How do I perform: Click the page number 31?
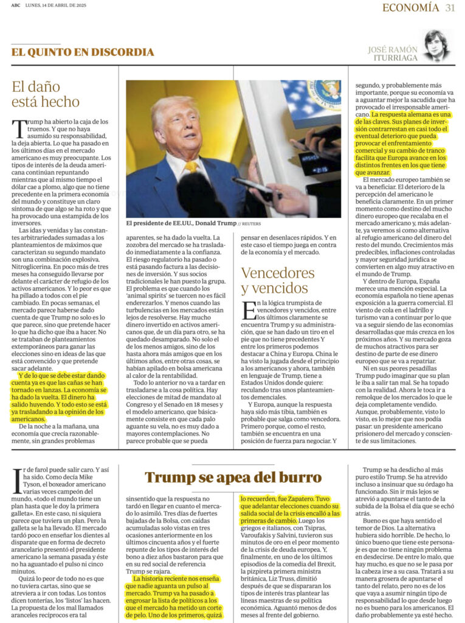point(450,7)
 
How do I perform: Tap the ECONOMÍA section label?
point(410,7)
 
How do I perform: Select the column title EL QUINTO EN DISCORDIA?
point(82,52)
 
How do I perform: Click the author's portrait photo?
point(436,46)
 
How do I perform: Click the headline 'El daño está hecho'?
point(46,94)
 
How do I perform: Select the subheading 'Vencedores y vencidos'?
point(277,280)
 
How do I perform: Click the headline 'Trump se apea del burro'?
point(233,477)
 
